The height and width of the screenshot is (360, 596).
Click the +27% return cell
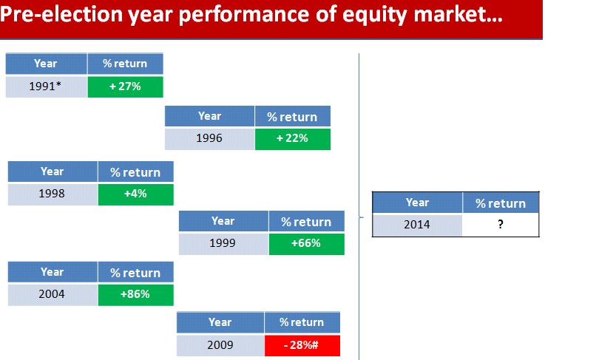[126, 86]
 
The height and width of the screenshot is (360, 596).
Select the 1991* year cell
[47, 86]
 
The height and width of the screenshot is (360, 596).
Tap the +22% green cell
[293, 139]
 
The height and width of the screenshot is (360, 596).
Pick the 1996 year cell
[209, 139]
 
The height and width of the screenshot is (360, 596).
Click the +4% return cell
[136, 194]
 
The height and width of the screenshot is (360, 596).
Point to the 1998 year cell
[53, 194]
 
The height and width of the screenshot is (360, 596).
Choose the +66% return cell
[306, 244]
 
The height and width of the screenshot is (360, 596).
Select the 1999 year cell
[223, 244]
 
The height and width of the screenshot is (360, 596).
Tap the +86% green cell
[136, 295]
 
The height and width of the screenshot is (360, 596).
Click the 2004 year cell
[53, 295]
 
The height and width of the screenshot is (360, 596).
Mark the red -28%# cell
[302, 345]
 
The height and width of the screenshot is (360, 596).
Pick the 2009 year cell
[220, 345]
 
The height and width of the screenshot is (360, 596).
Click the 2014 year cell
[417, 225]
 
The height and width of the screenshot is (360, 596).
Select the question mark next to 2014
[501, 224]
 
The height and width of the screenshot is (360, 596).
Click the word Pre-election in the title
[61, 15]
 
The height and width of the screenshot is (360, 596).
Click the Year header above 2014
[417, 203]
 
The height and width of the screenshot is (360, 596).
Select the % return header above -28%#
[302, 323]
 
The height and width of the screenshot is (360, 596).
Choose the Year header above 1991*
[46, 64]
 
